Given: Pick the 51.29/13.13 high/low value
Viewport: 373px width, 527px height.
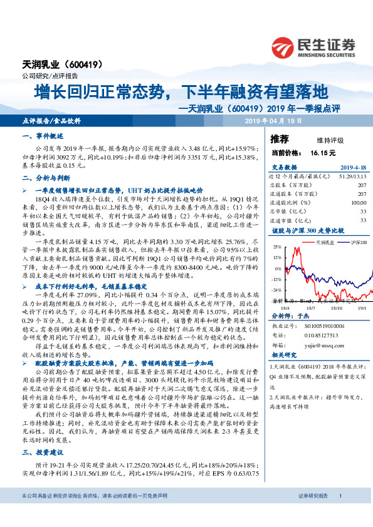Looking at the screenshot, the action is (352, 177).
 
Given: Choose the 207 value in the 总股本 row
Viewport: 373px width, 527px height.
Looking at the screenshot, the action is (361, 186).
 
